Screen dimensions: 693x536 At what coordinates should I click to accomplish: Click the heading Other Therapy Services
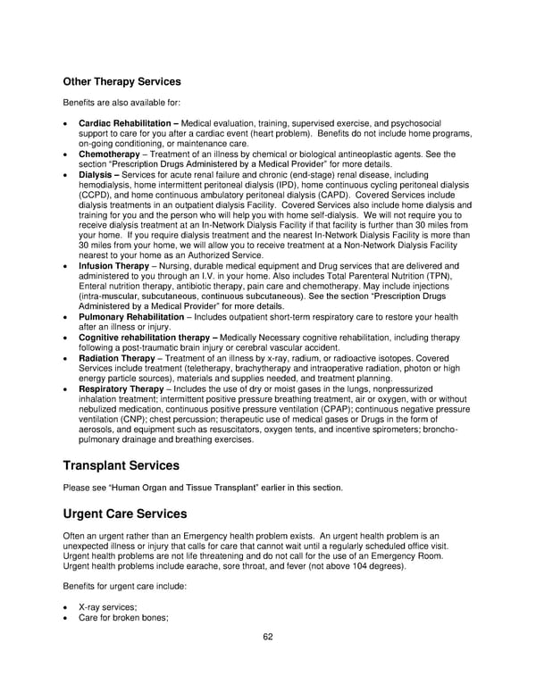(121, 82)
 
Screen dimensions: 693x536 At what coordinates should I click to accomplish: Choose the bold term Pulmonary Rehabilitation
(129, 317)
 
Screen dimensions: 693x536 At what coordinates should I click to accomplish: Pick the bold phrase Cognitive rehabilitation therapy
(147, 338)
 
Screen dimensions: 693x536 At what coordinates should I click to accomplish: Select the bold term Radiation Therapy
(116, 358)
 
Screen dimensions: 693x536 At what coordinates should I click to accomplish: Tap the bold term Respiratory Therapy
(121, 389)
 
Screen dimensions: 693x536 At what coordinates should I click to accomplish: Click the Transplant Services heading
(121, 465)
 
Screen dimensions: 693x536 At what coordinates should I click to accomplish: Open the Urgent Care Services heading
(124, 514)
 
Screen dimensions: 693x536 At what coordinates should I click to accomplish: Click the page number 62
(268, 637)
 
